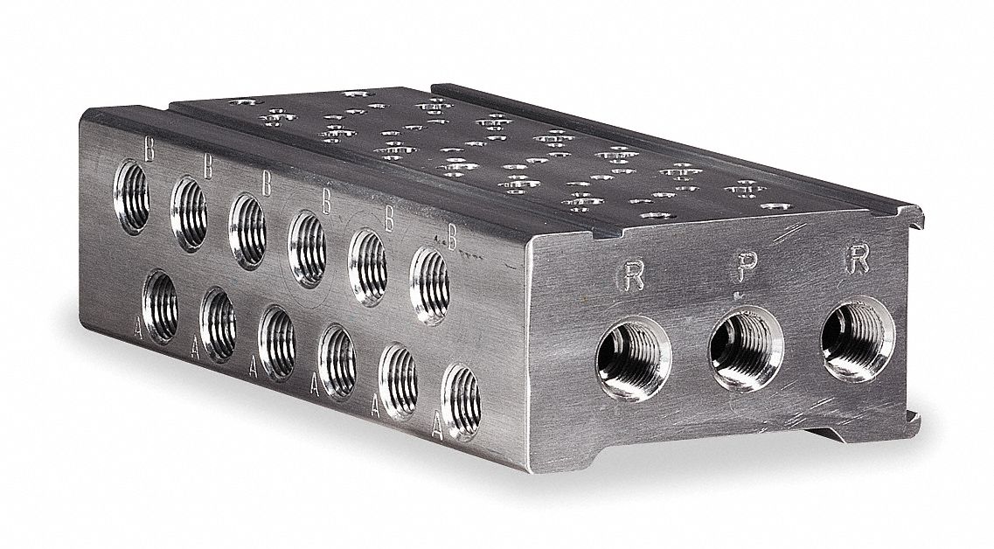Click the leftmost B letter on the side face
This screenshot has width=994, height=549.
tap(149, 150)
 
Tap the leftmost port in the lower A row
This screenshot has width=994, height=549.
tap(160, 303)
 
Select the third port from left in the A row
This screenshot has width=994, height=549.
tap(276, 342)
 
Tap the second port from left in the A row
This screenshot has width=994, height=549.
tap(219, 322)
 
